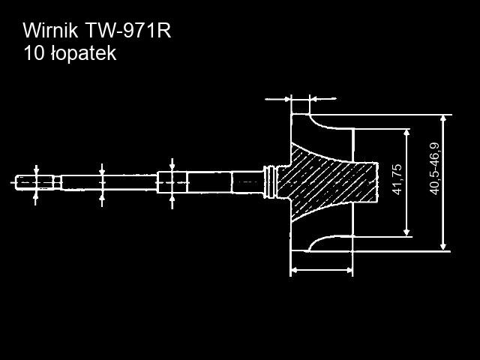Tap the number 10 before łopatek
(x=33, y=53)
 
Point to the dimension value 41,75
(x=397, y=180)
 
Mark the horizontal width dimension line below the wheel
(x=321, y=269)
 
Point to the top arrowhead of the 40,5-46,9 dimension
(x=444, y=118)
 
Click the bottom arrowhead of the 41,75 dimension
(x=407, y=231)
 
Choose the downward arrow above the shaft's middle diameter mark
(x=103, y=167)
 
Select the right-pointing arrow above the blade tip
(x=285, y=97)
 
